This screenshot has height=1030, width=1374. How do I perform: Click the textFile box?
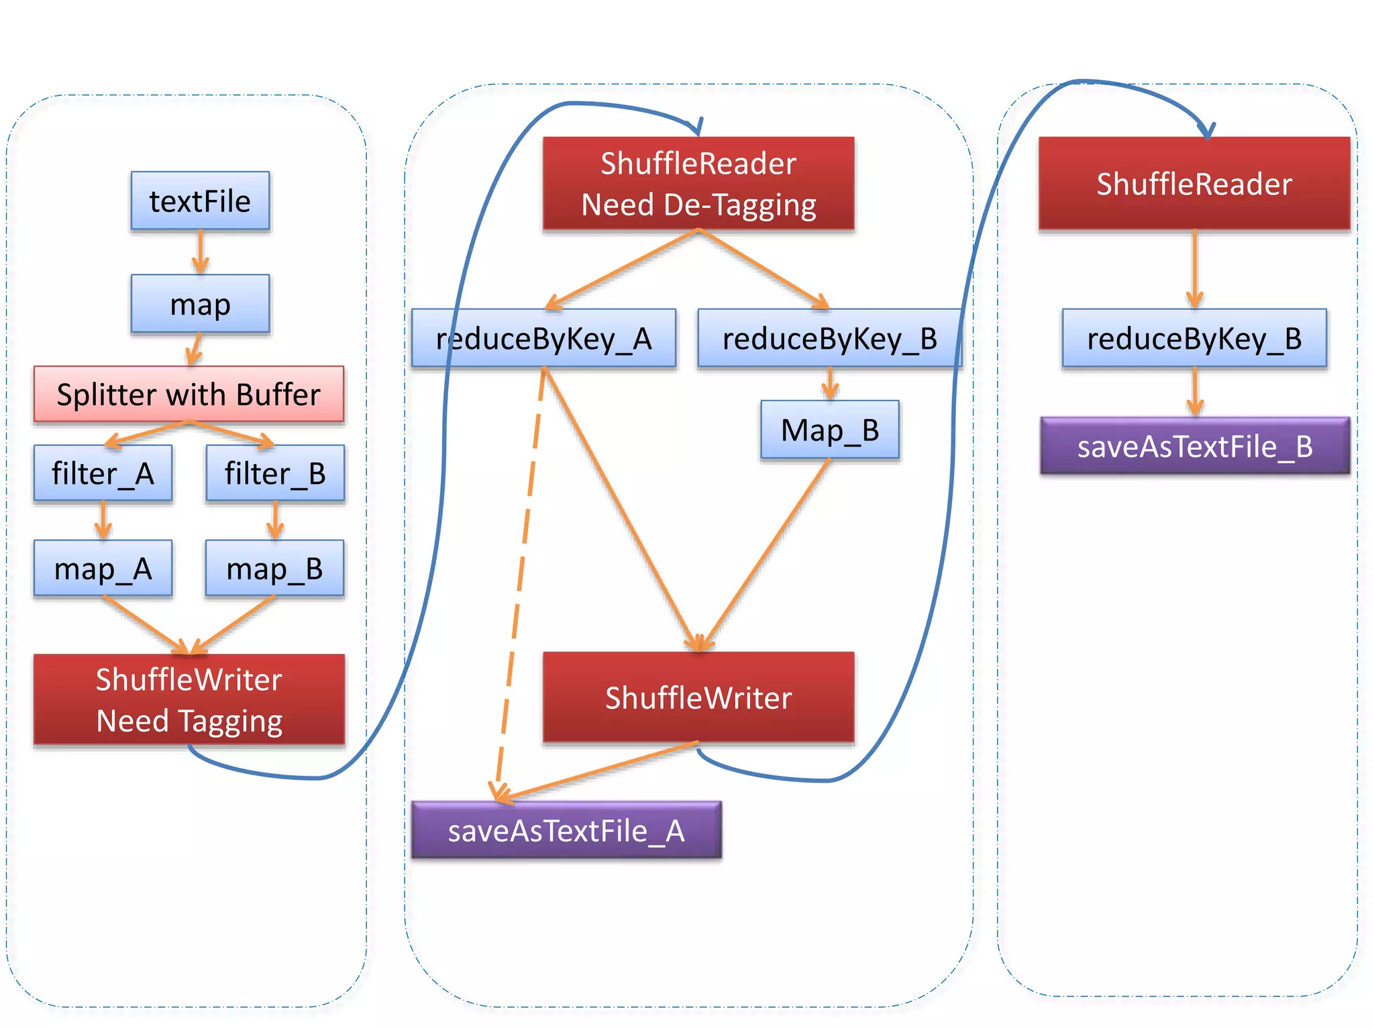(200, 201)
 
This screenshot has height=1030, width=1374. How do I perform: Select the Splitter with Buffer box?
(189, 394)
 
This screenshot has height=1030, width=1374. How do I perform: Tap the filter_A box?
(103, 473)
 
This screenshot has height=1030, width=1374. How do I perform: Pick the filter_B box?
(275, 473)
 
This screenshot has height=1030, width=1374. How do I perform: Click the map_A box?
(103, 569)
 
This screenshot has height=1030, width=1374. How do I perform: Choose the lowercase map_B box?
(274, 569)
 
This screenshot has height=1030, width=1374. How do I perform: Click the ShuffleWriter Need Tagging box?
(189, 699)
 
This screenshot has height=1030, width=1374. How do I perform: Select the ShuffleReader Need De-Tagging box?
(698, 183)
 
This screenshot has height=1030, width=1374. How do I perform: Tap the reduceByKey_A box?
(543, 338)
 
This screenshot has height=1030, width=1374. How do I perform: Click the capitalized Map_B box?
(830, 430)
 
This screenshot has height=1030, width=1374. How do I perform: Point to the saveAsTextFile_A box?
(566, 830)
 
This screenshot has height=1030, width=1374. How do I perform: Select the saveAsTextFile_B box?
(1194, 446)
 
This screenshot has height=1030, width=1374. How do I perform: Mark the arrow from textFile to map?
(200, 251)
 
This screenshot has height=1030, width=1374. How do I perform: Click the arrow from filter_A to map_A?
(103, 520)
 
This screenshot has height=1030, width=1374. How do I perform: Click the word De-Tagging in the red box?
(739, 205)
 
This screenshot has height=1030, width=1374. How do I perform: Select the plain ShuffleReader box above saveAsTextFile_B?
(1194, 183)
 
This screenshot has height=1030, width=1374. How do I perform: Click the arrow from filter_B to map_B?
(275, 520)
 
